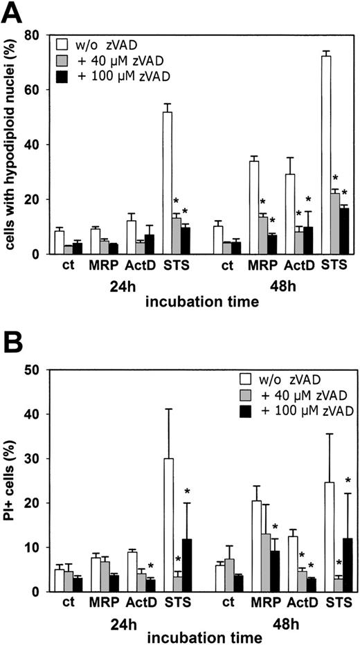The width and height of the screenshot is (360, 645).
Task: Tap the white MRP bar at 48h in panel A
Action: (254, 207)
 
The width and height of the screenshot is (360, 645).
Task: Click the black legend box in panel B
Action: (242, 412)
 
